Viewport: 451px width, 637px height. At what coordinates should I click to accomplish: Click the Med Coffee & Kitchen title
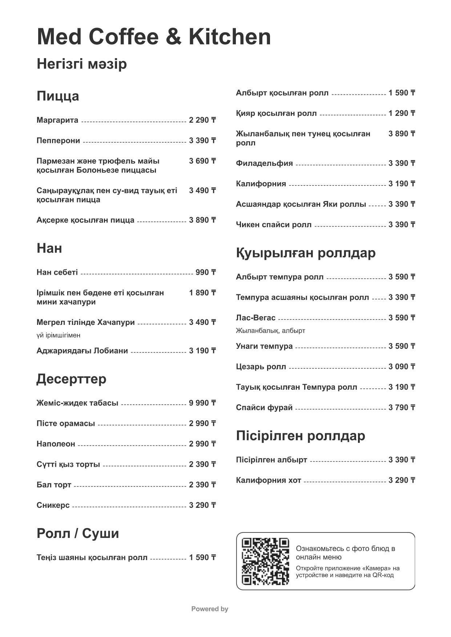tap(154, 37)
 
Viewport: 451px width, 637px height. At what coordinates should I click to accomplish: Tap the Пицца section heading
tap(58, 96)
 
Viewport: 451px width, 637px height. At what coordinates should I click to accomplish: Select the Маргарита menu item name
tap(57, 120)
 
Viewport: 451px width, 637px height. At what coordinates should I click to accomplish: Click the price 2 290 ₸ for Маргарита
tap(202, 120)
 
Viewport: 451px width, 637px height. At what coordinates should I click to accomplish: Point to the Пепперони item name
tap(58, 140)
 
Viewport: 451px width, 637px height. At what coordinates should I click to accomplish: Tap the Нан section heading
tap(49, 248)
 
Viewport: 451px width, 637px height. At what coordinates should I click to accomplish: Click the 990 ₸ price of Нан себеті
tap(205, 272)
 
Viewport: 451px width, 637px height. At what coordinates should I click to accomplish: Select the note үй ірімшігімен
tap(59, 335)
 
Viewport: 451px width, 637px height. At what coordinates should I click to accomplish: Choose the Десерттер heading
tap(71, 379)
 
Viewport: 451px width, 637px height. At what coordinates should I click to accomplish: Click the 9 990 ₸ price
tap(202, 403)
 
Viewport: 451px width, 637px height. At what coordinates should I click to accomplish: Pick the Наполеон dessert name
tap(56, 444)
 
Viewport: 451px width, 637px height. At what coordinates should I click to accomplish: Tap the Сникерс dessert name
tap(53, 505)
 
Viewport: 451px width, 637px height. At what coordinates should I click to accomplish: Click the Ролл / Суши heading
tap(78, 534)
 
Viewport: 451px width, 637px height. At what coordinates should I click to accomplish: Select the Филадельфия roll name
tap(264, 163)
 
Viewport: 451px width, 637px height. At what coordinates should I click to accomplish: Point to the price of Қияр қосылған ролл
tap(402, 113)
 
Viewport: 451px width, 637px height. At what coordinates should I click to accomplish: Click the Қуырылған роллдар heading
tap(306, 253)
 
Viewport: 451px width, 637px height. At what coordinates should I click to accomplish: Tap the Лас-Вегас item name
tap(255, 318)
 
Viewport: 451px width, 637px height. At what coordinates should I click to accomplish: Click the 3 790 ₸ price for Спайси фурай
tap(402, 408)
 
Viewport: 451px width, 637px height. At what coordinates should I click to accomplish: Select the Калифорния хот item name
tap(268, 481)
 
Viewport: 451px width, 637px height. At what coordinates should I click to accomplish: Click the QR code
tap(265, 561)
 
